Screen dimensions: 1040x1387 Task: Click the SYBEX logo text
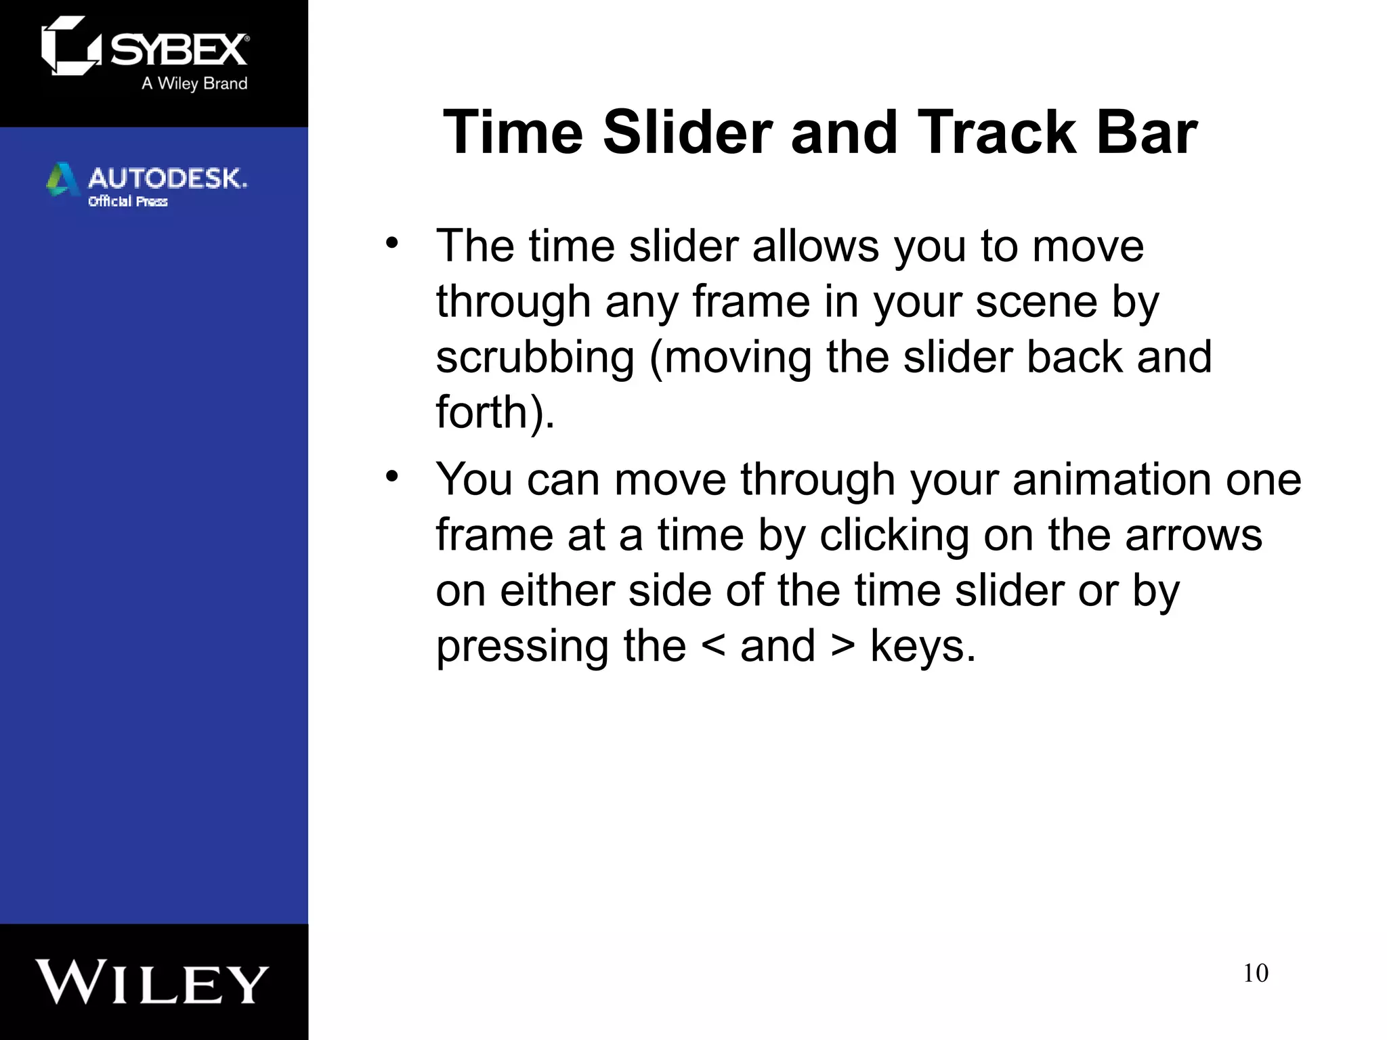(x=179, y=49)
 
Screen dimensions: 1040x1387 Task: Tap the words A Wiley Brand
(x=194, y=83)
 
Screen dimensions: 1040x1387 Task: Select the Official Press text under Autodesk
(x=127, y=201)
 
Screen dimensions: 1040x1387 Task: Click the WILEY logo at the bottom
(x=152, y=982)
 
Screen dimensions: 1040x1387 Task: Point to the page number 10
(x=1255, y=973)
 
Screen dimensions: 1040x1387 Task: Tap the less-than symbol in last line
(x=713, y=645)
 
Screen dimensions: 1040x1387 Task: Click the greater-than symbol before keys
(x=842, y=645)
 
